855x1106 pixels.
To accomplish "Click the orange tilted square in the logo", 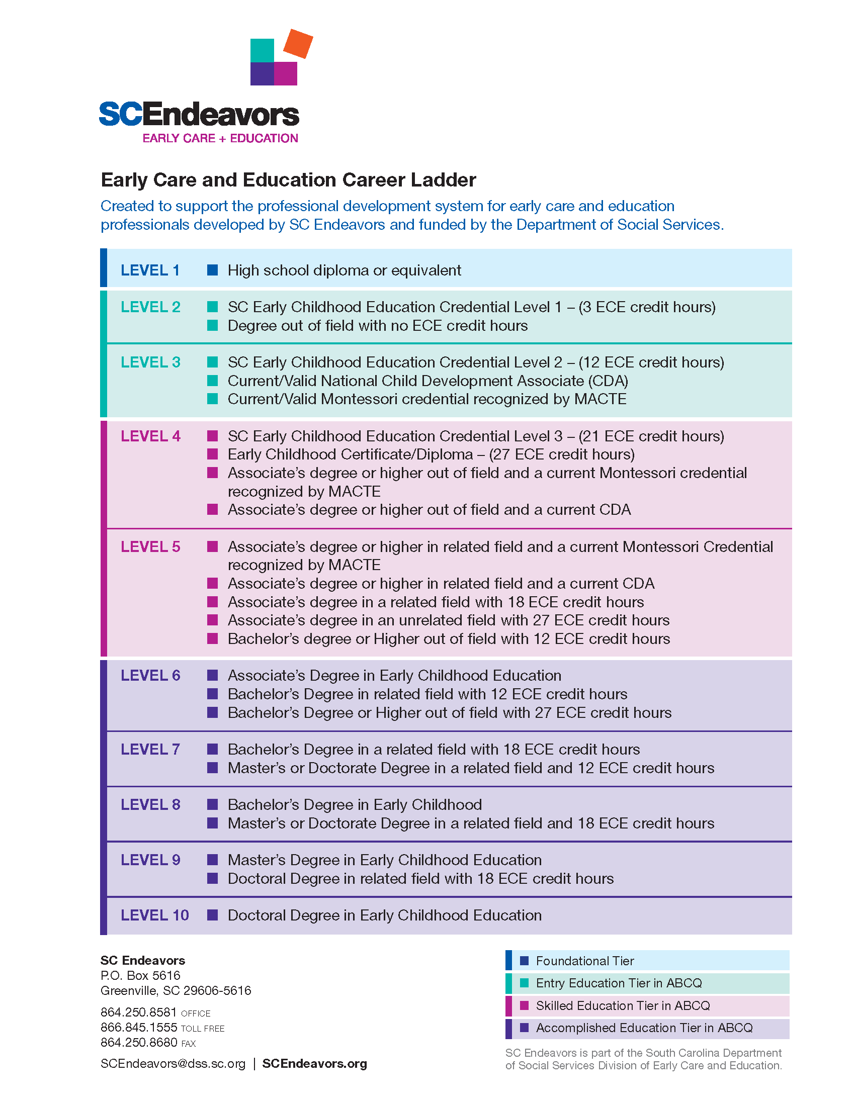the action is point(298,44).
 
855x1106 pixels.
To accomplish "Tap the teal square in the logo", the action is point(263,51).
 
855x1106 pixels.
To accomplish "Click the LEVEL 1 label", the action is point(150,270).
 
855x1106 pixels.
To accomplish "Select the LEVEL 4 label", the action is point(150,436).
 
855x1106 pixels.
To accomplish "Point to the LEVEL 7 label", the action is point(150,749).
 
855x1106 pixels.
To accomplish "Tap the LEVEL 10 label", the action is point(154,915).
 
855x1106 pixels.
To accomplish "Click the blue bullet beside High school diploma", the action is point(213,270).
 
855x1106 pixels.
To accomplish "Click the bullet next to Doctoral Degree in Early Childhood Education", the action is point(213,914).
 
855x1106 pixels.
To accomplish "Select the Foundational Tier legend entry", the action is point(584,961).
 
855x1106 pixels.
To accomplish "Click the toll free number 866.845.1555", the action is point(139,1028).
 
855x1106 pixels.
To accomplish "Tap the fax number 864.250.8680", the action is point(139,1042).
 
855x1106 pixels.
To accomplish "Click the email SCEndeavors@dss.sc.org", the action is point(173,1063).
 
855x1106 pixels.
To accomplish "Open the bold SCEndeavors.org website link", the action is point(314,1063).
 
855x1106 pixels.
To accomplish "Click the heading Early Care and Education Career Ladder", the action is point(288,180).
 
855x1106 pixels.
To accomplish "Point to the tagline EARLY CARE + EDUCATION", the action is point(220,138).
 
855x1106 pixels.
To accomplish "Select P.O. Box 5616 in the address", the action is point(140,975).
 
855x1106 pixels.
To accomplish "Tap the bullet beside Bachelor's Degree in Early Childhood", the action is point(213,804).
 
